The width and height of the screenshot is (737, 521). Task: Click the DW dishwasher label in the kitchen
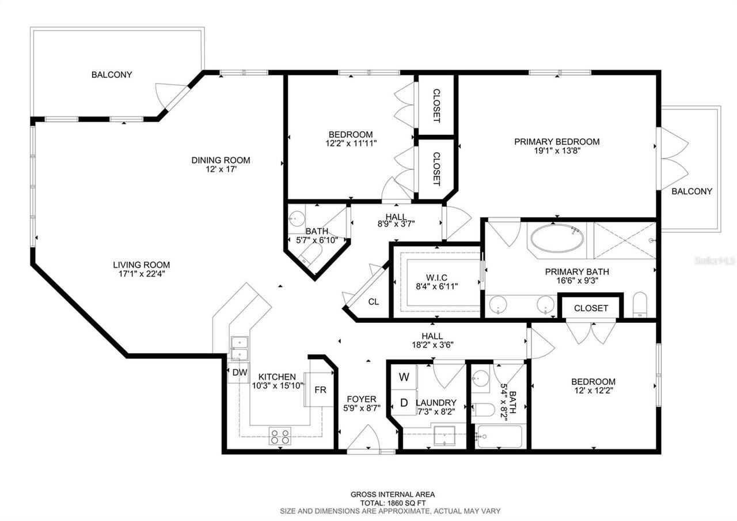click(x=240, y=372)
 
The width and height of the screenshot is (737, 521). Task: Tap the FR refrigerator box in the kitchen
click(x=320, y=390)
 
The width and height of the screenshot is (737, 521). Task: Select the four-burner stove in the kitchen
click(x=280, y=436)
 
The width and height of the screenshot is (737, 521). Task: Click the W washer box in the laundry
click(x=404, y=377)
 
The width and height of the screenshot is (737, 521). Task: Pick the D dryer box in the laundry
click(x=404, y=402)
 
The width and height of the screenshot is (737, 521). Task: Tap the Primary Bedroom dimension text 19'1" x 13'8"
click(x=557, y=152)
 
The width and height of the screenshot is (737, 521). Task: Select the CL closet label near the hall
click(x=374, y=301)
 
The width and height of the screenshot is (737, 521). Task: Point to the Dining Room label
click(x=221, y=160)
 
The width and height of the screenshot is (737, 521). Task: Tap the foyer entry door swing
click(x=363, y=439)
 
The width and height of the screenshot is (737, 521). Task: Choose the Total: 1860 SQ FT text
click(x=393, y=503)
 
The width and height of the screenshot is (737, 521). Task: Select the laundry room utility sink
click(x=443, y=436)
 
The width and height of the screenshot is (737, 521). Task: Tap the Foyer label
click(x=361, y=399)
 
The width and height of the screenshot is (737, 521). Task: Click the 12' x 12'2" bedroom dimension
click(x=593, y=391)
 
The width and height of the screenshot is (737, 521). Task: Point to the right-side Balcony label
click(x=692, y=191)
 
